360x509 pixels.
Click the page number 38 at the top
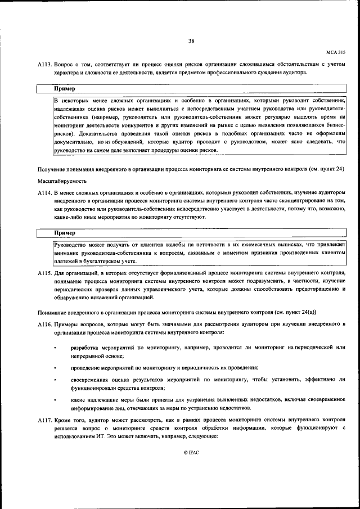[191, 40]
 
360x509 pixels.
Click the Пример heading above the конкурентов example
[65, 89]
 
